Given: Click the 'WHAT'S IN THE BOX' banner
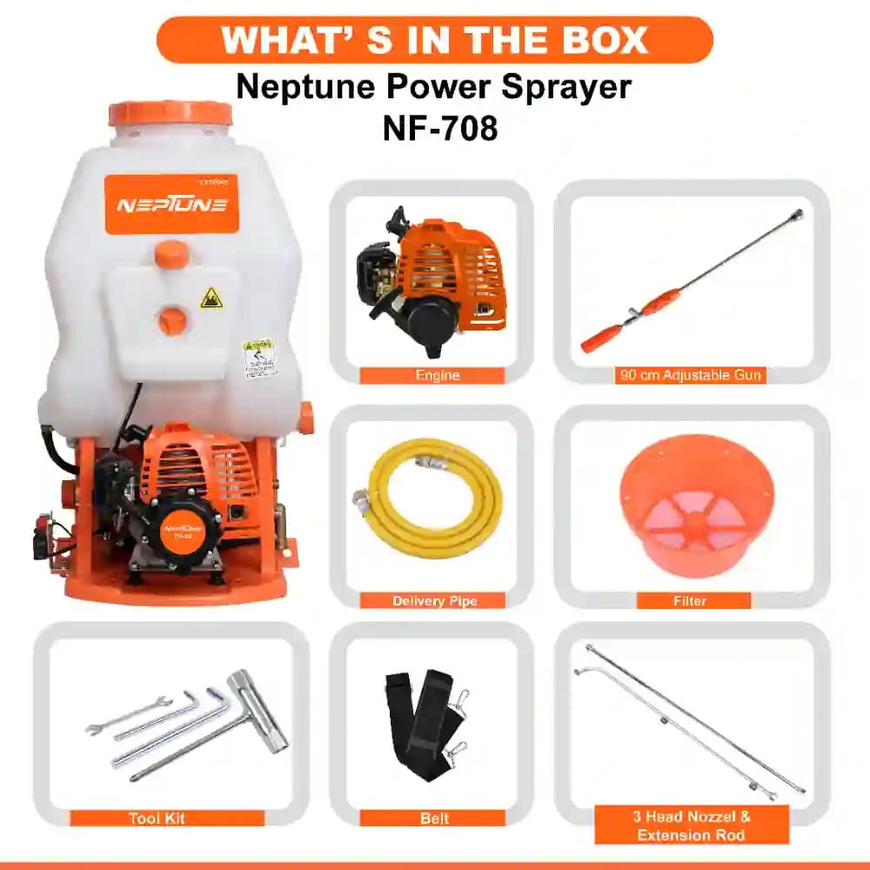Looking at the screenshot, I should pyautogui.click(x=434, y=40).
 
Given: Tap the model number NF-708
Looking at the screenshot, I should pyautogui.click(x=440, y=128).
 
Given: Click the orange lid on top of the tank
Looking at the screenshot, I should pyautogui.click(x=171, y=114).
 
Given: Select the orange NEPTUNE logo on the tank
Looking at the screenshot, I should pyautogui.click(x=171, y=204).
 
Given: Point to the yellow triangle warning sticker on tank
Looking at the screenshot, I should pyautogui.click(x=211, y=298).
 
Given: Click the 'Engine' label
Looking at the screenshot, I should pyautogui.click(x=432, y=376).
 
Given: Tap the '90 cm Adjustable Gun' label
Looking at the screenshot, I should pyautogui.click(x=690, y=376).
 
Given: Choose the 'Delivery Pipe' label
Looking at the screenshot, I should pyautogui.click(x=434, y=601).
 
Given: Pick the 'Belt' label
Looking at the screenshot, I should pyautogui.click(x=433, y=818).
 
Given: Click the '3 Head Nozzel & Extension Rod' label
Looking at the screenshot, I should pyautogui.click(x=693, y=826).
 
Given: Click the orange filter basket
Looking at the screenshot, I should pyautogui.click(x=696, y=505).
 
